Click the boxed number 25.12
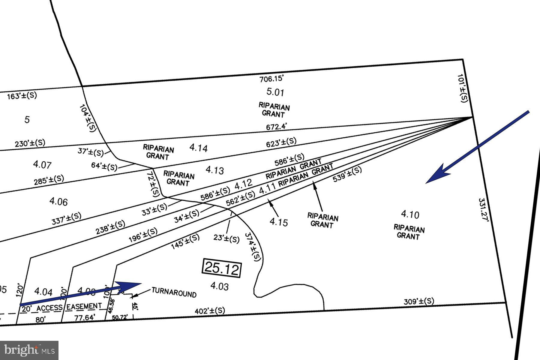point(222,268)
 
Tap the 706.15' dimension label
point(271,79)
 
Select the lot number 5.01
point(275,92)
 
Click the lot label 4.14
point(198,148)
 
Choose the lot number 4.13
point(214,170)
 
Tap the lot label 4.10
point(410,214)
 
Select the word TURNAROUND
point(174,292)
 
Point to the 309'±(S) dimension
point(419,301)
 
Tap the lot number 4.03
point(219,286)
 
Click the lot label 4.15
point(279,222)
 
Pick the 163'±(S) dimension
point(22,96)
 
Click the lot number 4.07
point(42,164)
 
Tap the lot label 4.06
point(58,202)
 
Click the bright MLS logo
point(29,350)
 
